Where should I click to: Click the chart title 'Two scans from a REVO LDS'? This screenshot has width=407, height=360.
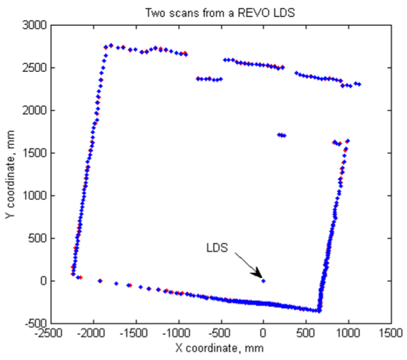(x=218, y=11)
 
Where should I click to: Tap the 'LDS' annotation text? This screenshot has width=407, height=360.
(x=217, y=249)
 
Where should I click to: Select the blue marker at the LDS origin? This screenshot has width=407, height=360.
(x=264, y=281)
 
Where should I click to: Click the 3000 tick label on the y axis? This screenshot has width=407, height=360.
(x=35, y=25)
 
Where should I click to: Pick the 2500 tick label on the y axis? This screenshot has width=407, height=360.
(x=35, y=68)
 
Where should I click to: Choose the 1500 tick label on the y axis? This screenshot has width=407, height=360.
(x=35, y=153)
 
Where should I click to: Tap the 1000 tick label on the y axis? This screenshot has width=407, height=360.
(x=35, y=196)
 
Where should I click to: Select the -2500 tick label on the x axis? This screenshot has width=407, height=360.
(x=50, y=334)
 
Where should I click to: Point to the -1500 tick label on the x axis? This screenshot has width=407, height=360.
(x=135, y=334)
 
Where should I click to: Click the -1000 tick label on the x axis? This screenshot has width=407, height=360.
(x=178, y=334)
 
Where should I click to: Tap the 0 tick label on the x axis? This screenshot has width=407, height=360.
(x=264, y=334)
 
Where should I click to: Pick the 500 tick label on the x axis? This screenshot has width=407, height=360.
(x=306, y=334)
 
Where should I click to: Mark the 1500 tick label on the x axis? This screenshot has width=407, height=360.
(x=391, y=334)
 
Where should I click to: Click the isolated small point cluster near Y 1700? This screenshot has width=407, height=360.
(x=281, y=135)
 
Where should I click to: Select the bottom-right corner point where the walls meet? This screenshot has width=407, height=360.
(x=319, y=311)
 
